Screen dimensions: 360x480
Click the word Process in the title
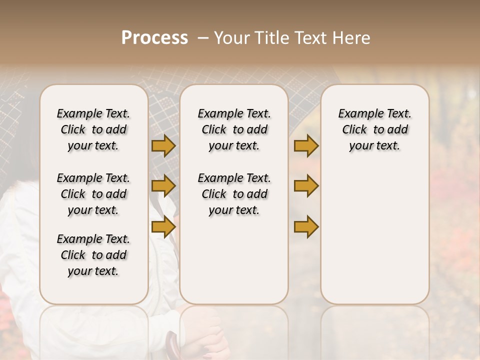click(154, 38)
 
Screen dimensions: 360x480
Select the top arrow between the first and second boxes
click(163, 146)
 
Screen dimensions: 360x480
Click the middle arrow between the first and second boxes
click(163, 186)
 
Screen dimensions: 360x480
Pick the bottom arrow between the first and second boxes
click(163, 226)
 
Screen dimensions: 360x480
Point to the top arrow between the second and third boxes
click(306, 146)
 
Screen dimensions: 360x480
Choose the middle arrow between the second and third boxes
click(306, 186)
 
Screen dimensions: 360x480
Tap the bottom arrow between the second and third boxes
click(306, 226)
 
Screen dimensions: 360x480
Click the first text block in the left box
click(93, 129)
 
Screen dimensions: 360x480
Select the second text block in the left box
click(93, 194)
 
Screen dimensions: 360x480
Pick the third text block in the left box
click(93, 255)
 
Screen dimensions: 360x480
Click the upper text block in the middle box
click(234, 129)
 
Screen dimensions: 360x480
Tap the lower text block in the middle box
click(234, 194)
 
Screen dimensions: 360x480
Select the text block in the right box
click(374, 129)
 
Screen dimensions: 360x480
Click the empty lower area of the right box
click(374, 235)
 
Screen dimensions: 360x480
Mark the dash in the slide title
click(202, 38)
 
